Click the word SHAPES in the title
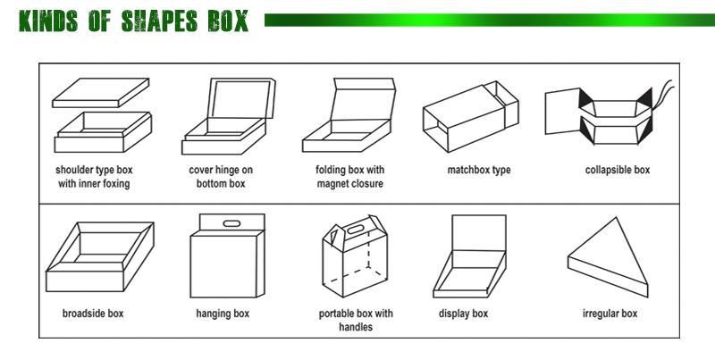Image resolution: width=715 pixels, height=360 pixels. pyautogui.click(x=159, y=21)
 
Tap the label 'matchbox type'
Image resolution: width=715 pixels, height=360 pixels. pyautogui.click(x=479, y=170)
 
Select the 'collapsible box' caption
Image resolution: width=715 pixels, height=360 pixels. pyautogui.click(x=618, y=170)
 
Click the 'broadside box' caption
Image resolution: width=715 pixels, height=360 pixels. pyautogui.click(x=93, y=314)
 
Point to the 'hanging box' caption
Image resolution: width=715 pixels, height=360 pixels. pyautogui.click(x=223, y=314)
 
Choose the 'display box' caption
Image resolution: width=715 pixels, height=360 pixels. pyautogui.click(x=463, y=314)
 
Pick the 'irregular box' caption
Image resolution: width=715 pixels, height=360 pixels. pyautogui.click(x=610, y=314)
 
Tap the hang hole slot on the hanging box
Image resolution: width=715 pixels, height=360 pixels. pyautogui.click(x=232, y=223)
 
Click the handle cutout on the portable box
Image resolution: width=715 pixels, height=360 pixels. pyautogui.click(x=356, y=229)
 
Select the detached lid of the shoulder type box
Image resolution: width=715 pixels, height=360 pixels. pyautogui.click(x=101, y=93)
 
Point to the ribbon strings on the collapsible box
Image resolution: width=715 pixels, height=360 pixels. pyautogui.click(x=662, y=95)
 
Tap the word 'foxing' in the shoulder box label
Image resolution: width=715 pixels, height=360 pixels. pyautogui.click(x=115, y=184)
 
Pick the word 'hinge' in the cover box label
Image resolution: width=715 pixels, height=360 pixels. pyautogui.click(x=227, y=170)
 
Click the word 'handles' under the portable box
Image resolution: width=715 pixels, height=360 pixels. pyautogui.click(x=356, y=327)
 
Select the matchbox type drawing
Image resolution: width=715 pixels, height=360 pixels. pyautogui.click(x=471, y=117)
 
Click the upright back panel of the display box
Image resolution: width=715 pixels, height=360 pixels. pyautogui.click(x=479, y=233)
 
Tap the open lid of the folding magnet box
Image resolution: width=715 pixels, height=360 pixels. pyautogui.click(x=363, y=99)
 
